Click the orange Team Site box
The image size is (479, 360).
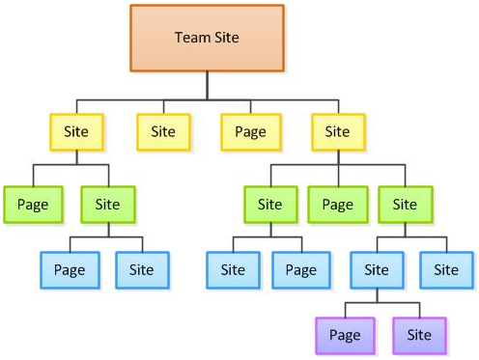click(207, 38)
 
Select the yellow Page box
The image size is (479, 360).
click(251, 132)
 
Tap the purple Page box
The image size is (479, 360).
click(345, 336)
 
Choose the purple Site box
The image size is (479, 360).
click(419, 336)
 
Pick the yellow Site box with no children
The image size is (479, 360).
click(163, 132)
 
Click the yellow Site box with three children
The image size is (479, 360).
click(338, 132)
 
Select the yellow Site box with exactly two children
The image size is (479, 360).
click(76, 132)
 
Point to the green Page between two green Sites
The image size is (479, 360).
click(338, 205)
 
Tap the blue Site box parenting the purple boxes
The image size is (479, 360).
click(377, 270)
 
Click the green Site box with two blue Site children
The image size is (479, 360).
click(406, 205)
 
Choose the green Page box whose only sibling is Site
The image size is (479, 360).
click(33, 205)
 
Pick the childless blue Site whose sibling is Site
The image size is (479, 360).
click(446, 270)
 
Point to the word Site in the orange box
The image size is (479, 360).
click(227, 38)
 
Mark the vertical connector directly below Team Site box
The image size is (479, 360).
click(207, 86)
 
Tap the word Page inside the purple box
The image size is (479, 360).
click(345, 336)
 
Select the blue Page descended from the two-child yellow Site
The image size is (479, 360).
click(70, 270)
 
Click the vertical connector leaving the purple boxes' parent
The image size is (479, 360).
click(377, 295)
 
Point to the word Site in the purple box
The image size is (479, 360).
click(419, 335)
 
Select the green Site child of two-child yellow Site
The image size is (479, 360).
click(108, 205)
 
